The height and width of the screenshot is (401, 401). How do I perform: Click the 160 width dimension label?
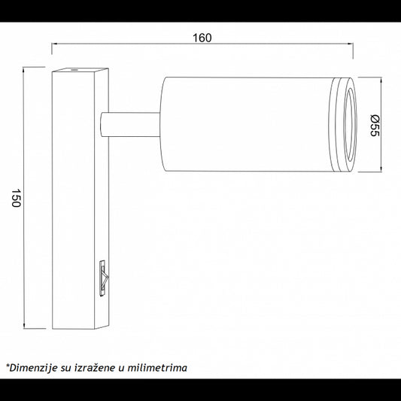[x=202, y=38]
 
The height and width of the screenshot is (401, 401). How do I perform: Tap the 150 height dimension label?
[x=16, y=198]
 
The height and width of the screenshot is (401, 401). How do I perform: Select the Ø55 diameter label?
[x=375, y=126]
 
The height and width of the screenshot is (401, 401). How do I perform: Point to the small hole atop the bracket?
[x=74, y=69]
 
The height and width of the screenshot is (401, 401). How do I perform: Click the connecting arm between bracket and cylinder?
[x=130, y=124]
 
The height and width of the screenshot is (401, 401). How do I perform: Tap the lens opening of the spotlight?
[x=350, y=126]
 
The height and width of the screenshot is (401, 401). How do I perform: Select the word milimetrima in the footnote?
[x=157, y=368]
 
